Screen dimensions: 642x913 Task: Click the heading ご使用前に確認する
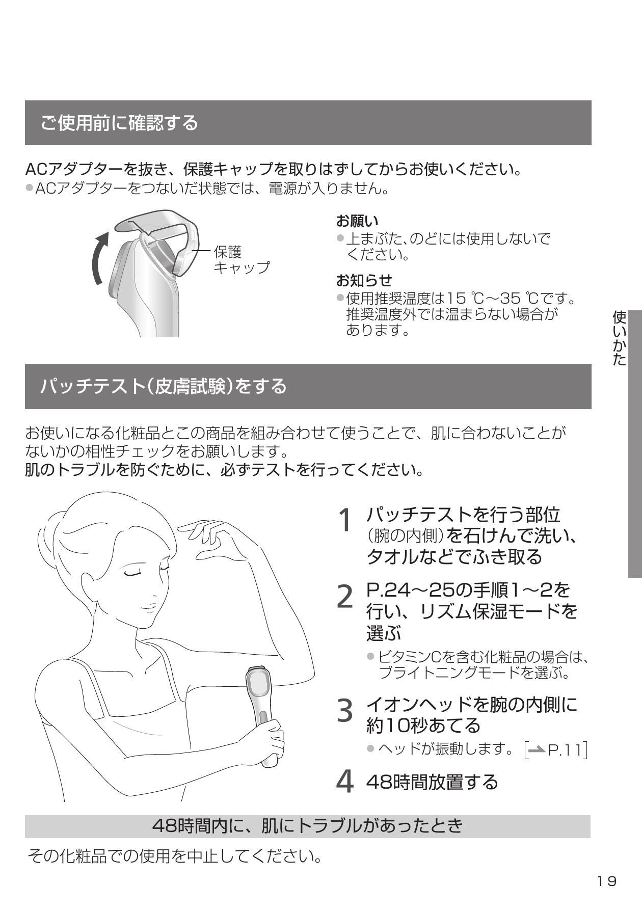(x=119, y=123)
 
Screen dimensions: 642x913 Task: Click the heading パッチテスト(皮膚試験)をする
(x=164, y=386)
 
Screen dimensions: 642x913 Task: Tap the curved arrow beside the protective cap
(x=100, y=258)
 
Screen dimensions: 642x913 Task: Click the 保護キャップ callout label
(x=242, y=260)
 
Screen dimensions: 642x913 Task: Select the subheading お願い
(x=357, y=221)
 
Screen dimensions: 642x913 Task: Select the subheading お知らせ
(x=364, y=280)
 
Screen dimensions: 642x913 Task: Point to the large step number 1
(x=345, y=520)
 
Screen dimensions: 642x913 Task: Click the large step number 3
(x=345, y=710)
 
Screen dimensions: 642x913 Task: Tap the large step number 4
(x=345, y=781)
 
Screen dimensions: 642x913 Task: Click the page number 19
(x=607, y=881)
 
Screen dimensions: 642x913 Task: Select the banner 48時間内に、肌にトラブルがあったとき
(x=308, y=826)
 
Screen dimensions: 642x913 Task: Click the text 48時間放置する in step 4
(x=432, y=781)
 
